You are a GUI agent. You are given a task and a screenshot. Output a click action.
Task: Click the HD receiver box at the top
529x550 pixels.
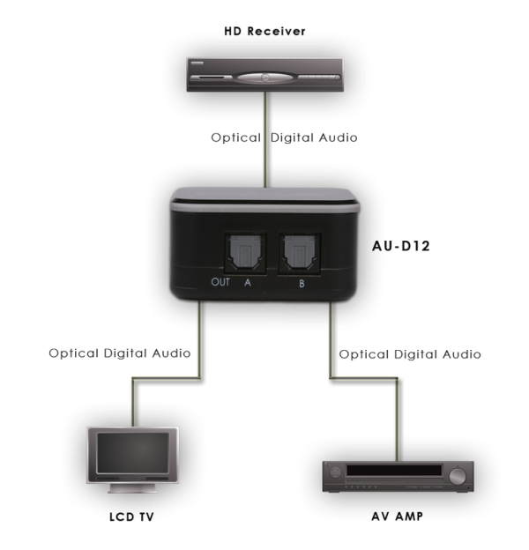264,74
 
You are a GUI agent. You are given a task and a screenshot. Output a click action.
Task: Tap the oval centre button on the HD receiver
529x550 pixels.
264,77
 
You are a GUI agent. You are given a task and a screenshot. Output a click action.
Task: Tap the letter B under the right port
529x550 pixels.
300,283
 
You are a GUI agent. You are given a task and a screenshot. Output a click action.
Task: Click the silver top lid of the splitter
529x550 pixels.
264,197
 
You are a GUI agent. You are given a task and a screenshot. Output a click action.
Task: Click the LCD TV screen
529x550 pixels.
130,452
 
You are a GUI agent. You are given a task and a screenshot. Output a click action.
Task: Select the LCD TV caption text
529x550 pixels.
130,517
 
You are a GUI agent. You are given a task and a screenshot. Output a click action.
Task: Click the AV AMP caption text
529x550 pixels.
397,517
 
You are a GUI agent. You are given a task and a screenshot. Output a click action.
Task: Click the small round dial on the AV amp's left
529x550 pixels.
336,477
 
